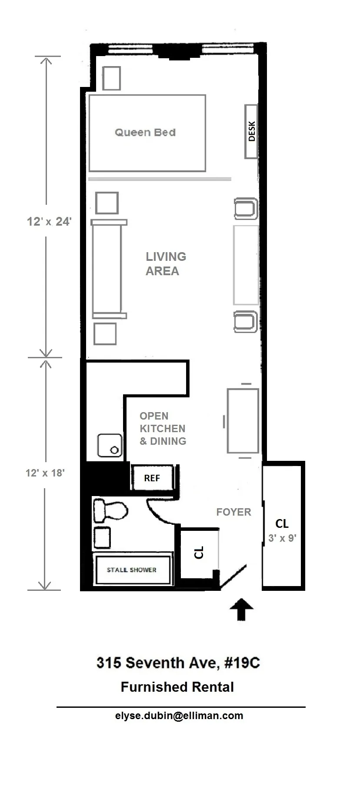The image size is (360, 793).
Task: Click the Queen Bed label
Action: click(145, 133)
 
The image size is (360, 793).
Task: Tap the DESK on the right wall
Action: click(251, 131)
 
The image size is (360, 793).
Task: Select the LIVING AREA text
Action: click(165, 263)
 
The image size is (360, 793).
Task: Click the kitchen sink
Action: click(110, 445)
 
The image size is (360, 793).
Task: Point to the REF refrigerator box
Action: click(152, 478)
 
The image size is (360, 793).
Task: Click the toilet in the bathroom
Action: click(110, 510)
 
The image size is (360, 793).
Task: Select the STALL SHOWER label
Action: click(132, 570)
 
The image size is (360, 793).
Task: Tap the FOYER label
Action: click(233, 512)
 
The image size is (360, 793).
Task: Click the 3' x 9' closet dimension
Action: click(282, 538)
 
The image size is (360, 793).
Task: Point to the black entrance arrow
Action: click(242, 609)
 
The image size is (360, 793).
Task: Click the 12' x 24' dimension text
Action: click(49, 222)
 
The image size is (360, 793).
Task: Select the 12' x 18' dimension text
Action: click(45, 473)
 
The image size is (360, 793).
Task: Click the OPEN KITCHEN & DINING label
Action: click(163, 429)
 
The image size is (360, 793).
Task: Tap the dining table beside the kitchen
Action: click(243, 421)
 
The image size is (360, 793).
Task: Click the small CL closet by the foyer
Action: click(199, 553)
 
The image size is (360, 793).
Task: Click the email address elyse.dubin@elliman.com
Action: click(179, 716)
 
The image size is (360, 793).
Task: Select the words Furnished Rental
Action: click(177, 687)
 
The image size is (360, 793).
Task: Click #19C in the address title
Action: click(242, 663)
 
